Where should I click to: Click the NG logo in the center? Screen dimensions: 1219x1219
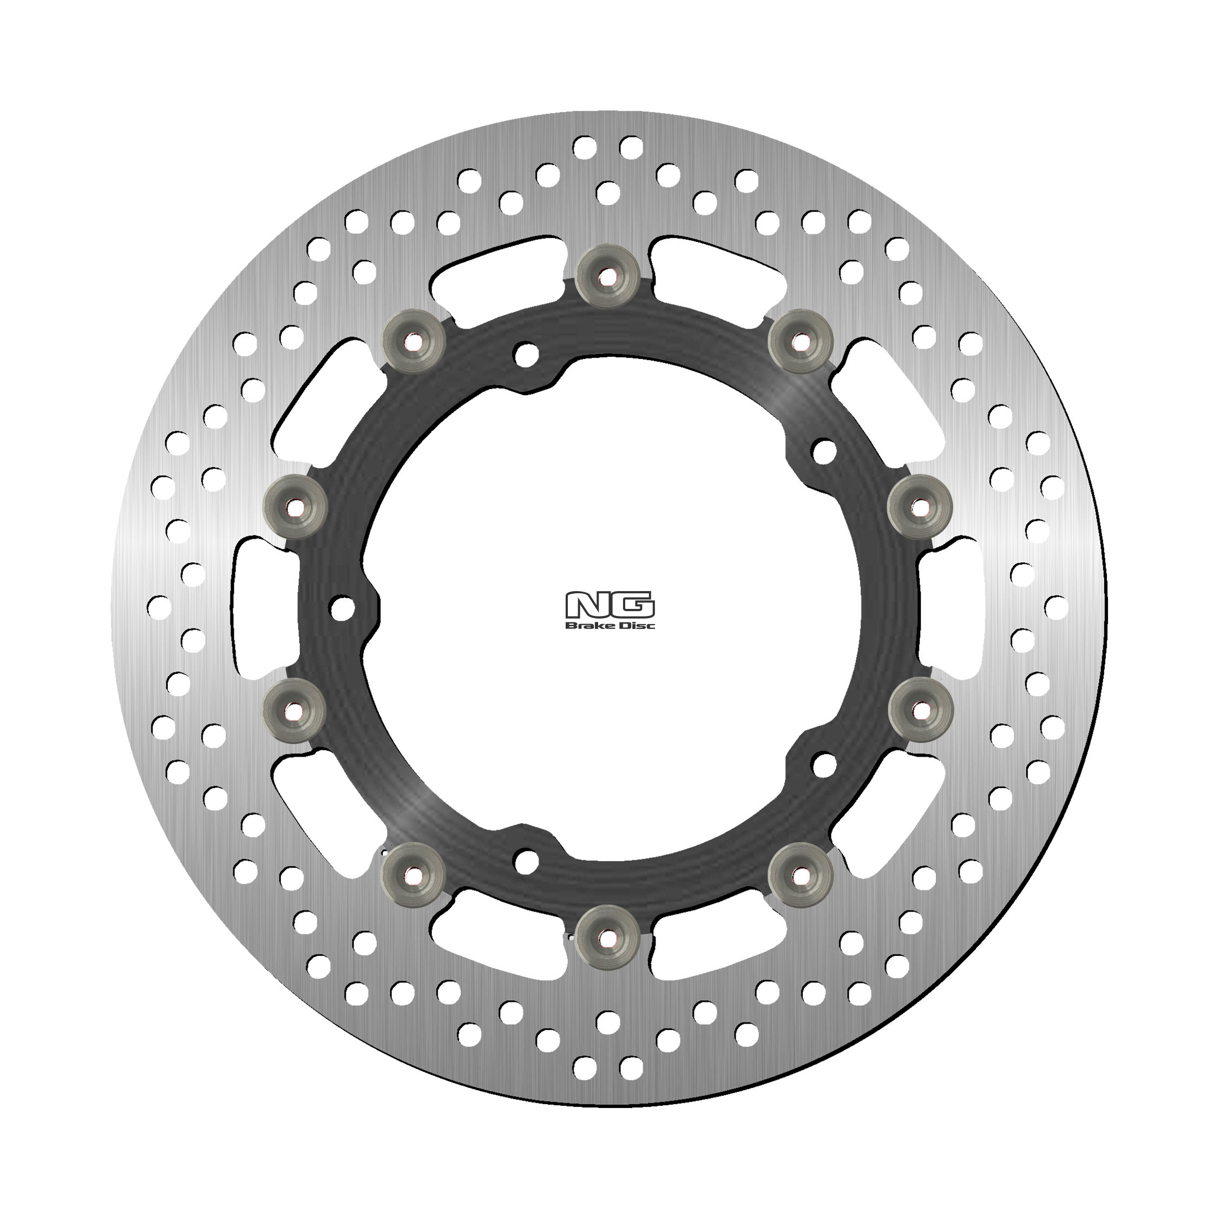pyautogui.click(x=610, y=605)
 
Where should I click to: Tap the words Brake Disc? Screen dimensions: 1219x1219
pyautogui.click(x=610, y=625)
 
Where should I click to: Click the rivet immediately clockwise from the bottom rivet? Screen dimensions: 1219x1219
pyautogui.click(x=415, y=875)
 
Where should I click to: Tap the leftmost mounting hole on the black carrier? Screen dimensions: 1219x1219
pyautogui.click(x=343, y=608)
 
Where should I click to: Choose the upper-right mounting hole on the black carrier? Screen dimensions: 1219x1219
pyautogui.click(x=824, y=450)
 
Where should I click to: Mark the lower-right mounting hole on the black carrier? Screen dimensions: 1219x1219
pyautogui.click(x=824, y=765)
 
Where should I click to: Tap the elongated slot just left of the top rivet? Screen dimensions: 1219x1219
pyautogui.click(x=499, y=270)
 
